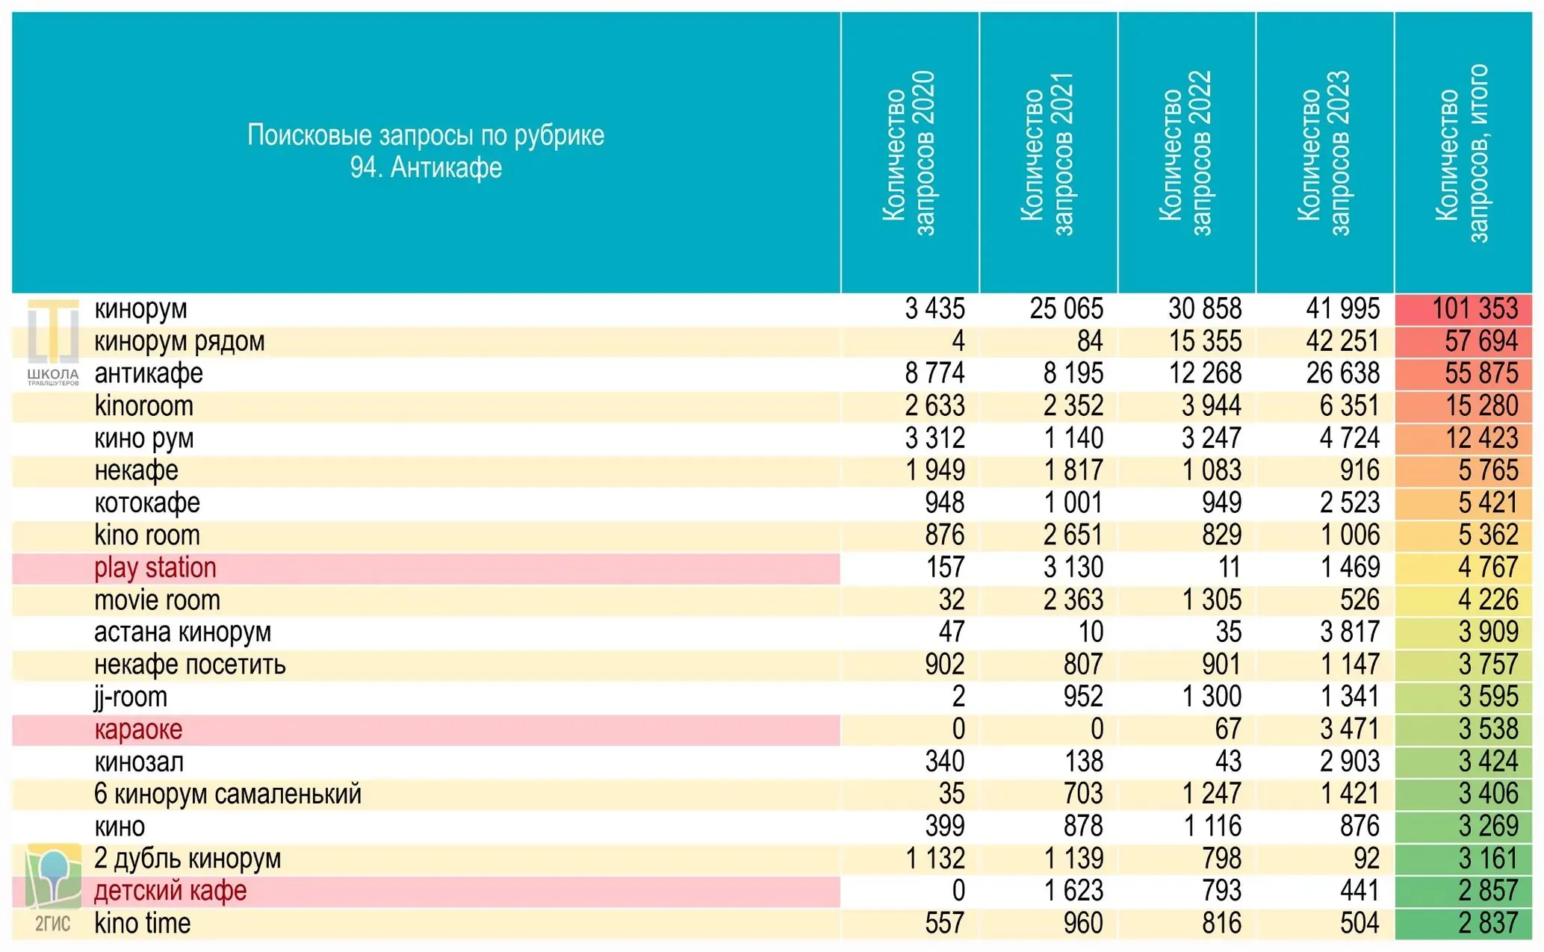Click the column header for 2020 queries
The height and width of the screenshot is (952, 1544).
pyautogui.click(x=909, y=153)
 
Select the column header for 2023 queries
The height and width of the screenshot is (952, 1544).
pyautogui.click(x=1324, y=153)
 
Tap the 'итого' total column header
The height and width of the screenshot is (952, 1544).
pyautogui.click(x=1463, y=153)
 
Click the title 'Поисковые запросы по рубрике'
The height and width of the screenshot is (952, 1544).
pyautogui.click(x=426, y=136)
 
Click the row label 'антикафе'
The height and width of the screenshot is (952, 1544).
pyautogui.click(x=149, y=373)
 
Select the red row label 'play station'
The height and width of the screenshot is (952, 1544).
pyautogui.click(x=155, y=567)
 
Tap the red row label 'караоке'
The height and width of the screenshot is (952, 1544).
pyautogui.click(x=138, y=729)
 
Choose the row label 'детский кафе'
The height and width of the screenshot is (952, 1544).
pyautogui.click(x=170, y=891)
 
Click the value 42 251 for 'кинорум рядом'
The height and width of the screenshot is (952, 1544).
pyautogui.click(x=1343, y=341)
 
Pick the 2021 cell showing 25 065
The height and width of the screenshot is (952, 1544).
pyautogui.click(x=1067, y=308)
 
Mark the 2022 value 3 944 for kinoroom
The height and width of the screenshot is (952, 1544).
pyautogui.click(x=1212, y=405)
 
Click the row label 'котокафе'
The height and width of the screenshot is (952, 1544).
pyautogui.click(x=147, y=503)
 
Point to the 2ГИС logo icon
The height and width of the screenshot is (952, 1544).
pyautogui.click(x=53, y=889)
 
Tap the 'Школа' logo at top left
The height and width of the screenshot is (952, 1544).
pyautogui.click(x=53, y=343)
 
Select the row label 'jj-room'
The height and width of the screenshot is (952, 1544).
pyautogui.click(x=131, y=697)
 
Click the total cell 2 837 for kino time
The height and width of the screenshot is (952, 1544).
pyautogui.click(x=1488, y=924)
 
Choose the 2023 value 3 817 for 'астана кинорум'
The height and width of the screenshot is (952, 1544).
pyautogui.click(x=1350, y=632)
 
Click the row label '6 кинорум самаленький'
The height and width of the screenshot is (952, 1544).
pyautogui.click(x=228, y=794)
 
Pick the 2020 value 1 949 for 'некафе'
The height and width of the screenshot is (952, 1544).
pyautogui.click(x=935, y=470)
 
